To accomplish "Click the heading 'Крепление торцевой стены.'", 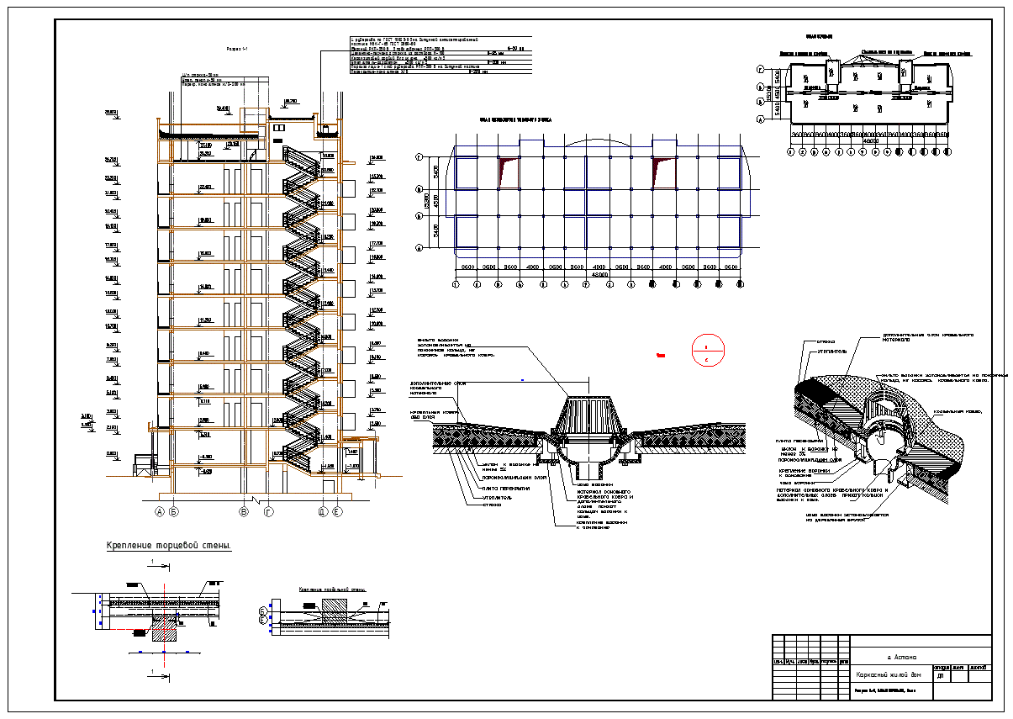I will [169, 547].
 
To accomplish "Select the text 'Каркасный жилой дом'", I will [889, 675].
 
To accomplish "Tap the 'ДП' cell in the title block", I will [940, 675].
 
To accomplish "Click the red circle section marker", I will [707, 351].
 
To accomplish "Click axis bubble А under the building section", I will [159, 511].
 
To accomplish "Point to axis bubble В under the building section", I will [244, 511].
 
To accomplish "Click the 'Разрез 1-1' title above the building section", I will [239, 49].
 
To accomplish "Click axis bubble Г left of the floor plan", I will [419, 157].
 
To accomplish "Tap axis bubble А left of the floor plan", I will [419, 248].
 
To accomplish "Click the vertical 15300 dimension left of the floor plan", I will [428, 202].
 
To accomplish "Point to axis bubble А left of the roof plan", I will [760, 119].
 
